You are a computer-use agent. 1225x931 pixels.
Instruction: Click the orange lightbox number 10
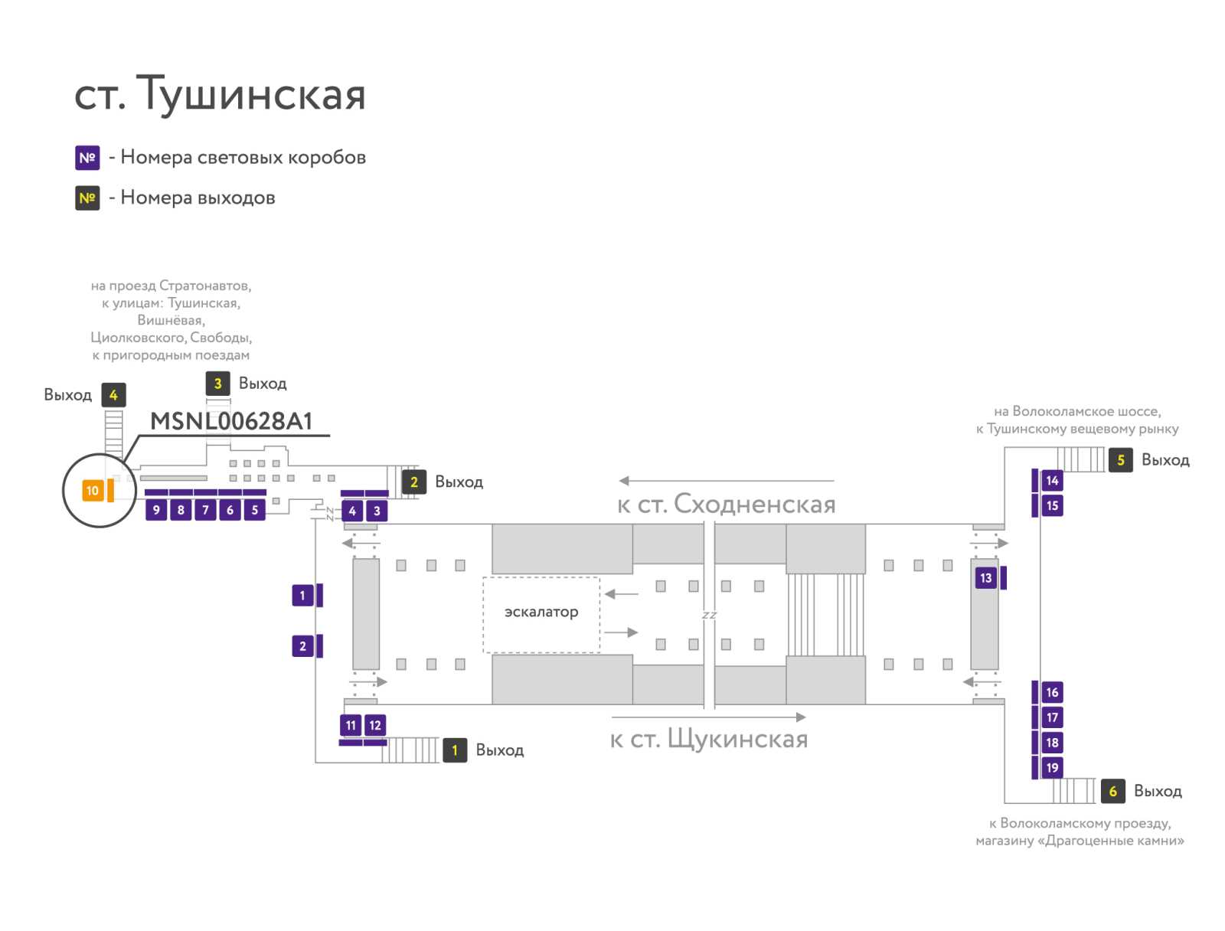[x=92, y=490]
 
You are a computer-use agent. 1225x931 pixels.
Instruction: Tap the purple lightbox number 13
[x=985, y=577]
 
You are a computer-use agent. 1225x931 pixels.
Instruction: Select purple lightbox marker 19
[x=1051, y=767]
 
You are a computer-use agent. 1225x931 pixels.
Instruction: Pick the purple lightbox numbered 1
[x=302, y=595]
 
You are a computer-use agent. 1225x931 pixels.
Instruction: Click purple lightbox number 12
[x=374, y=725]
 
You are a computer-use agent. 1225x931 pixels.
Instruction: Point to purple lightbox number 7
[x=205, y=509]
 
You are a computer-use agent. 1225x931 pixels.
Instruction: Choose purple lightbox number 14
[x=1051, y=480]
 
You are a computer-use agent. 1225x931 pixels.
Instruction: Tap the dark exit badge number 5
[x=1119, y=460]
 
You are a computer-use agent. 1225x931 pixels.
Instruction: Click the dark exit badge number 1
[x=454, y=750]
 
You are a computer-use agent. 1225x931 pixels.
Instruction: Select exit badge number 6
[x=1112, y=791]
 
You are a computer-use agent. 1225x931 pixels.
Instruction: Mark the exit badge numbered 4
[x=113, y=395]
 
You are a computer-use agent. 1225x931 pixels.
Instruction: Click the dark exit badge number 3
[x=217, y=384]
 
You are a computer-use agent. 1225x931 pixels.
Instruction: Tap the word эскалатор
[x=541, y=612]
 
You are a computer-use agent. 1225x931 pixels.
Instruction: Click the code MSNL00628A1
[x=231, y=421]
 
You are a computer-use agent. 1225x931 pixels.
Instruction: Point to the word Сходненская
[x=755, y=504]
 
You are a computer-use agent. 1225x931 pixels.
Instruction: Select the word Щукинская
[x=737, y=739]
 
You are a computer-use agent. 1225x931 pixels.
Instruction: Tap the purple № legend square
[x=87, y=157]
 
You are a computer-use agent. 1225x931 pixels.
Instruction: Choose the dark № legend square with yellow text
[x=87, y=198]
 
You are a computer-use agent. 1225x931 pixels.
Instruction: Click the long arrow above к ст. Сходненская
[x=726, y=480]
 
